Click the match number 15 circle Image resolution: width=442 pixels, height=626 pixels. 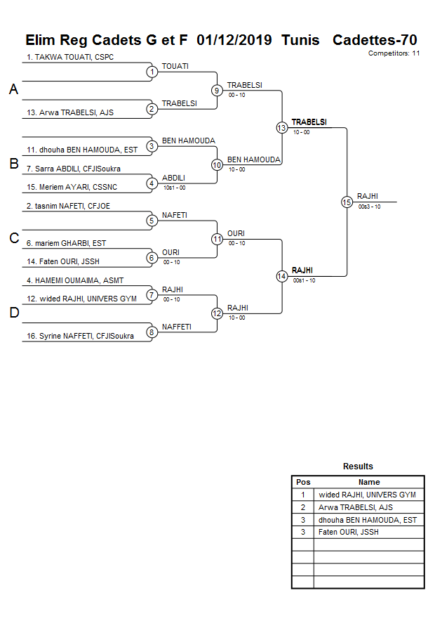[347, 202]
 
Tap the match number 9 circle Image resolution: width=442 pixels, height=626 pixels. [217, 90]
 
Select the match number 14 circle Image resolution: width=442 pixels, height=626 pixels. [281, 276]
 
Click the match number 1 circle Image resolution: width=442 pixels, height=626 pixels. [152, 72]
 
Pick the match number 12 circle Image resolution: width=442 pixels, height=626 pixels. [217, 313]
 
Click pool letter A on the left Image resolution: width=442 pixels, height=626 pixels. [13, 90]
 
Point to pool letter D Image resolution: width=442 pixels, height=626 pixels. [13, 313]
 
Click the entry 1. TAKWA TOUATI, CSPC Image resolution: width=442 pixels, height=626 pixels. [70, 57]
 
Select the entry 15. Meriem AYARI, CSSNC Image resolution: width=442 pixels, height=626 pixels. [72, 188]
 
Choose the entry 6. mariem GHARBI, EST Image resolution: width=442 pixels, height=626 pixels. [67, 243]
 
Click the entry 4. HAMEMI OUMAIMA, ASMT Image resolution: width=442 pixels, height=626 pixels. [75, 280]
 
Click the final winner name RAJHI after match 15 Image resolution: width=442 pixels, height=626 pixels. [368, 196]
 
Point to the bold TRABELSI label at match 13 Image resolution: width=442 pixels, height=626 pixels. [309, 122]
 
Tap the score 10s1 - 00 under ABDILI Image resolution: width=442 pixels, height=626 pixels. [174, 188]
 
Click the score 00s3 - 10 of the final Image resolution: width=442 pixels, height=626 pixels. [370, 207]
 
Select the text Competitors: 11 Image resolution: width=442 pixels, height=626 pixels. [394, 53]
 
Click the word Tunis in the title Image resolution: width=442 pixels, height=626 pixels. [300, 40]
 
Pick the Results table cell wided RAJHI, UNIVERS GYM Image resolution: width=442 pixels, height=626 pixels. [367, 495]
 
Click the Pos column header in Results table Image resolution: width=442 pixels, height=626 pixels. [303, 482]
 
